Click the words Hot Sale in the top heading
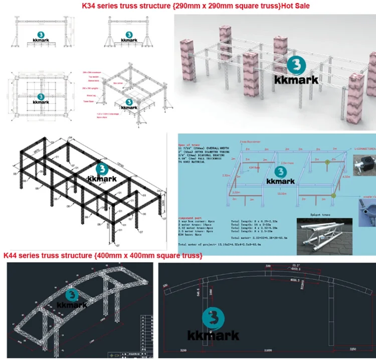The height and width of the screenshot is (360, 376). coord(295,6)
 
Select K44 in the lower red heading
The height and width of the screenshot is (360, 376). coord(11,256)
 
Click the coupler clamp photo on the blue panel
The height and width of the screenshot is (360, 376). coord(366,206)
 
